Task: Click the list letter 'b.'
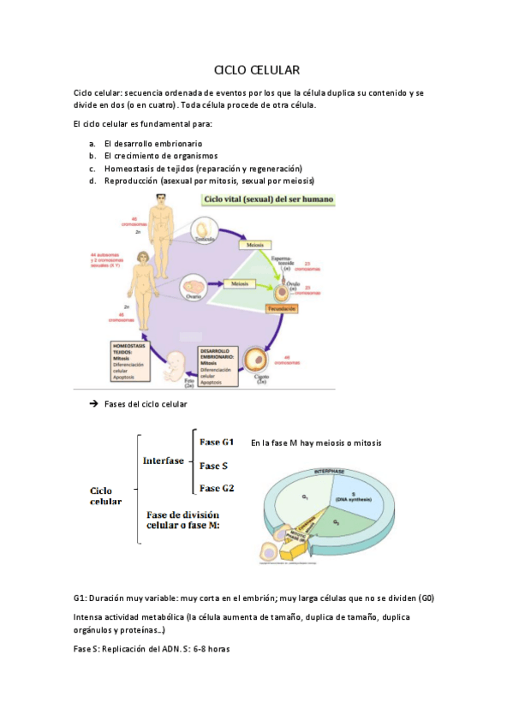92,156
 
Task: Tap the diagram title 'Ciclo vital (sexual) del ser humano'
268,199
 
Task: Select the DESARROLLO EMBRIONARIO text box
218,364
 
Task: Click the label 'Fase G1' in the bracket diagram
217,443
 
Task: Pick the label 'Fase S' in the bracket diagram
212,466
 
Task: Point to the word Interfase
164,461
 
